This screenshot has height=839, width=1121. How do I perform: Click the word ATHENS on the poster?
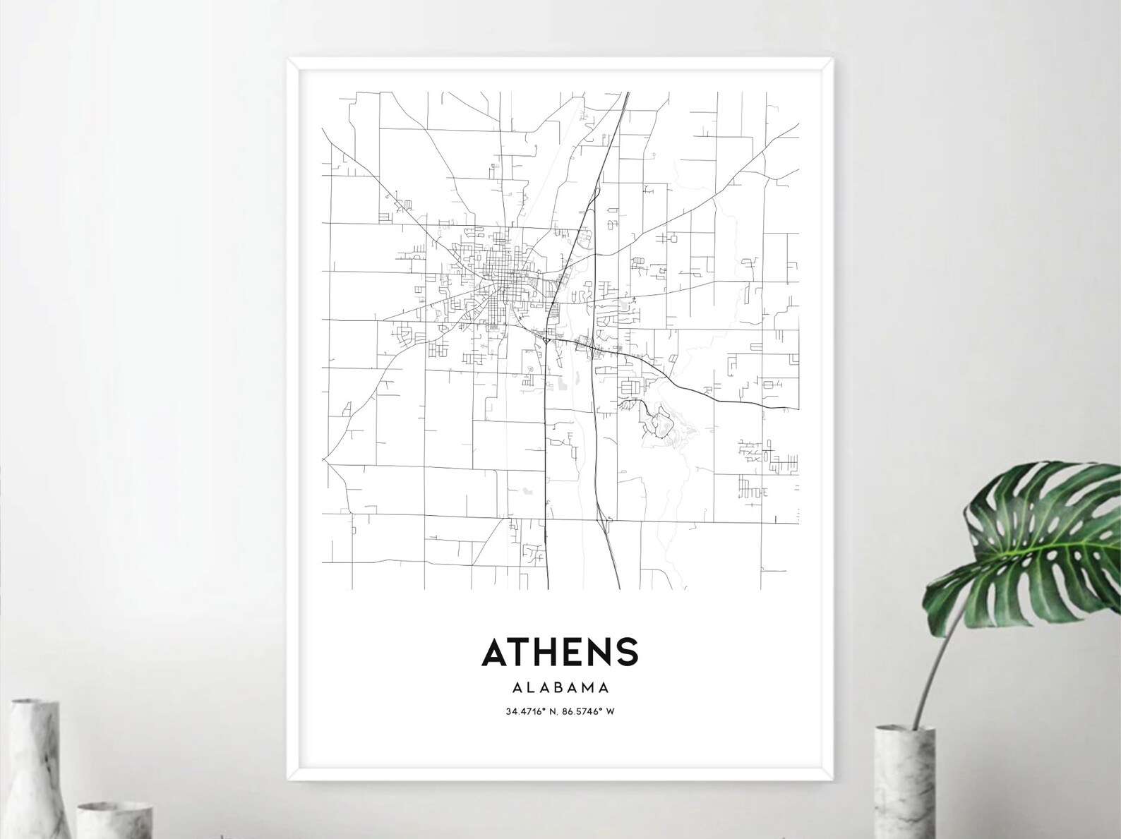click(559, 652)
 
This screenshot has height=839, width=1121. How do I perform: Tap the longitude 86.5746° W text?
click(588, 711)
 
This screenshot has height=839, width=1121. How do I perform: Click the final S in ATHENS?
click(627, 653)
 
